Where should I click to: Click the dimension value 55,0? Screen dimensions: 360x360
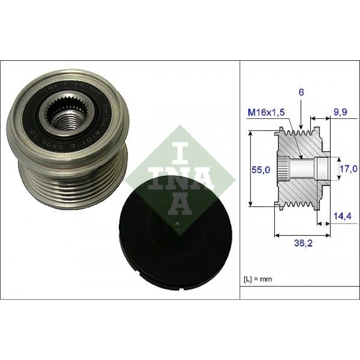coord(260,170)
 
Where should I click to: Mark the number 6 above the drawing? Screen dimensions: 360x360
coord(300,93)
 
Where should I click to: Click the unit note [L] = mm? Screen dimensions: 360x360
coord(257,279)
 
